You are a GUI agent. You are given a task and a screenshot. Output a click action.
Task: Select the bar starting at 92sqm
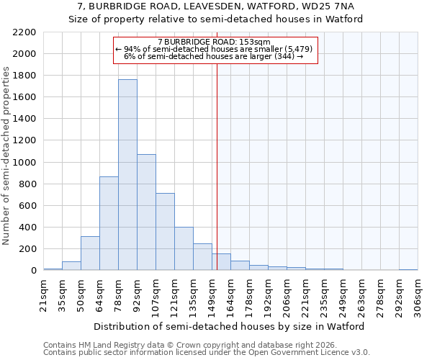pyautogui.click(x=146, y=212)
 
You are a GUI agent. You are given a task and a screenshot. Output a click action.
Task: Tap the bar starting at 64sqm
pyautogui.click(x=109, y=223)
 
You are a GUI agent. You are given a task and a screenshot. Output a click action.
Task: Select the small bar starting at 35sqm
pyautogui.click(x=71, y=266)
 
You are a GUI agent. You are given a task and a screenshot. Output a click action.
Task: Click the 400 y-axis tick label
pyautogui.click(x=27, y=228)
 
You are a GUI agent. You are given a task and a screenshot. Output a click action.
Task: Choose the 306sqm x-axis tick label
pyautogui.click(x=418, y=295)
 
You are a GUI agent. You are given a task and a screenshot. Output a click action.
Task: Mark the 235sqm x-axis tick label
pyautogui.click(x=324, y=295)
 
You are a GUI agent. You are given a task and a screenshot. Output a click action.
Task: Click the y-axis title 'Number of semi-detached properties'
pyautogui.click(x=6, y=156)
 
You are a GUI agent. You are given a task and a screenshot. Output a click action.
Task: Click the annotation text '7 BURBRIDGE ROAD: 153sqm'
pyautogui.click(x=214, y=42)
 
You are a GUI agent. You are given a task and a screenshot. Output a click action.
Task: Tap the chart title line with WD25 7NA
pyautogui.click(x=216, y=6)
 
